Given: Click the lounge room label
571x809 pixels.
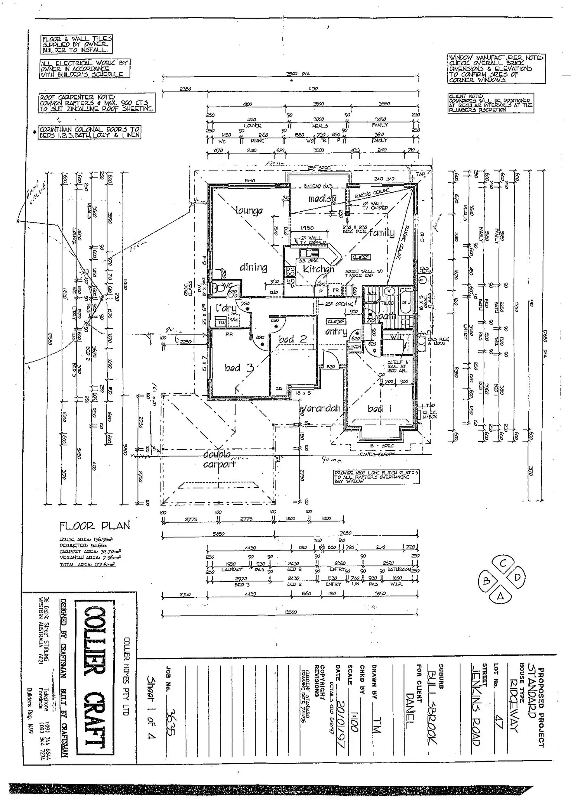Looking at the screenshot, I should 249,210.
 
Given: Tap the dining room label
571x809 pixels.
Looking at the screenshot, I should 253,267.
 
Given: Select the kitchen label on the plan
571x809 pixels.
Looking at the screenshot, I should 318,269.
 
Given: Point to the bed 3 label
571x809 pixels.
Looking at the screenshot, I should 239,367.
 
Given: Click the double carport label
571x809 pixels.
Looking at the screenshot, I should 219,459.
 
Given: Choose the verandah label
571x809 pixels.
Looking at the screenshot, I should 321,408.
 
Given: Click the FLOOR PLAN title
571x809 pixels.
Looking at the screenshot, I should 94,526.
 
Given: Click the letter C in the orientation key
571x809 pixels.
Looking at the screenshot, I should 503,564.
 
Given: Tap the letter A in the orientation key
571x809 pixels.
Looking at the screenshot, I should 500,597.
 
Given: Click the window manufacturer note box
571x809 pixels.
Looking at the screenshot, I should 496,69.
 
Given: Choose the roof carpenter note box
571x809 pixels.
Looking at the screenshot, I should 96,103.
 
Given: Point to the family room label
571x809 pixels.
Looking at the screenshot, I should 382,232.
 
